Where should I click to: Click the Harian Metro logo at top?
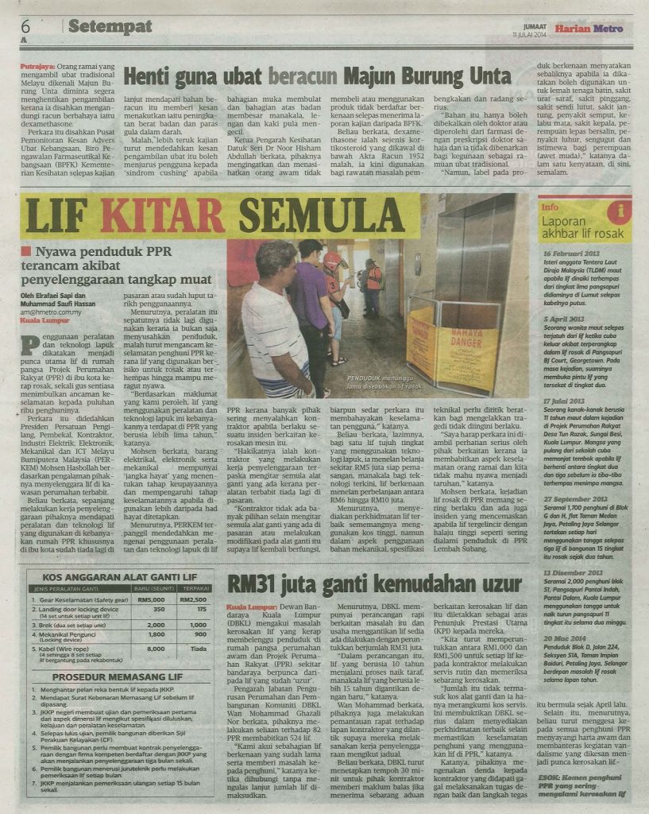(x=589, y=29)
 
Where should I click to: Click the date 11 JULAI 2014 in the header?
(x=531, y=35)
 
